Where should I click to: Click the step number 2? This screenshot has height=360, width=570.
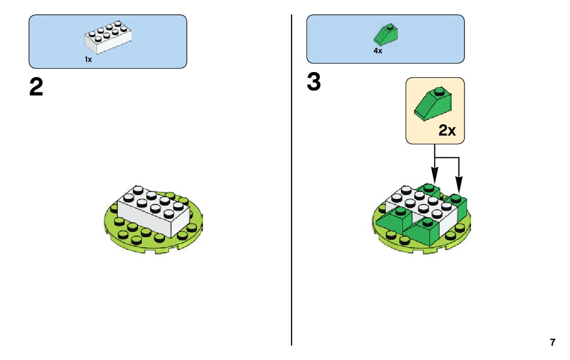(36, 88)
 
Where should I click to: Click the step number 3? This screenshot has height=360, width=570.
(314, 83)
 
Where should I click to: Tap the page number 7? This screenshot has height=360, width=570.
(552, 342)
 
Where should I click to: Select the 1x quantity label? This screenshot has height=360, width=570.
(88, 59)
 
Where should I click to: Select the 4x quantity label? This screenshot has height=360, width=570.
(378, 51)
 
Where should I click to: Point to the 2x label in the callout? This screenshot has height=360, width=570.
(447, 130)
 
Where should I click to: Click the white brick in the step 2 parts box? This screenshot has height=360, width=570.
(108, 38)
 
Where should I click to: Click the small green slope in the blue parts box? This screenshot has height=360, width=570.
(386, 35)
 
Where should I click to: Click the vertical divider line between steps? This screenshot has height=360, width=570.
(291, 203)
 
